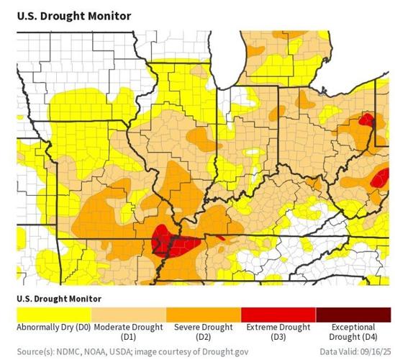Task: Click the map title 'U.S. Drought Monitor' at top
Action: click(74, 15)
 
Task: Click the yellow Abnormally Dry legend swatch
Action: click(55, 315)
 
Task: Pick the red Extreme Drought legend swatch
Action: click(278, 315)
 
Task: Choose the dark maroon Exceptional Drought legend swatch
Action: click(353, 315)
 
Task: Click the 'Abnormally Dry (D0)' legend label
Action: click(55, 328)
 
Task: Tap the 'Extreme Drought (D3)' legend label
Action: click(278, 332)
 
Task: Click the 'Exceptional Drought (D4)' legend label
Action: click(353, 332)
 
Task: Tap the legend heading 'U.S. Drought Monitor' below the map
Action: click(59, 297)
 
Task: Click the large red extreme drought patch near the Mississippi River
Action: click(166, 243)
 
